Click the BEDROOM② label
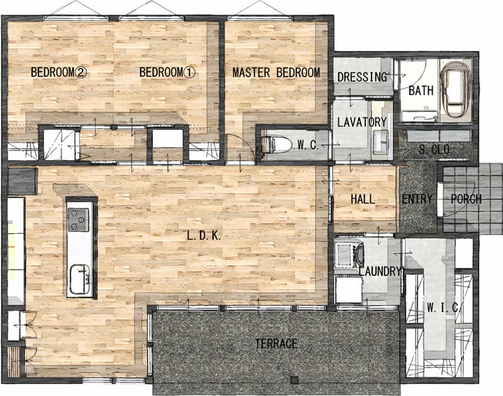pyautogui.click(x=58, y=72)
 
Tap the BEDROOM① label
pyautogui.click(x=167, y=72)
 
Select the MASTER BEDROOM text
pyautogui.click(x=276, y=72)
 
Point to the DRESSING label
pyautogui.click(x=362, y=77)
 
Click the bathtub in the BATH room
pyautogui.click(x=455, y=89)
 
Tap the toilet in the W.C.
pyautogui.click(x=275, y=145)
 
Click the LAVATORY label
pyautogui.click(x=362, y=122)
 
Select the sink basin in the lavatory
pyautogui.click(x=380, y=141)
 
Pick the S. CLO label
pyautogui.click(x=434, y=150)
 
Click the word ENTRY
pyautogui.click(x=417, y=199)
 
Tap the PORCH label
pyautogui.click(x=466, y=199)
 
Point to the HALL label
pyautogui.click(x=363, y=199)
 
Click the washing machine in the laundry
pyautogui.click(x=349, y=255)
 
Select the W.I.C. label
pyautogui.click(x=444, y=308)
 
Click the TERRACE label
pyautogui.click(x=276, y=344)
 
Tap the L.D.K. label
pyautogui.click(x=204, y=236)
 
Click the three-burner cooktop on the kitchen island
pyautogui.click(x=78, y=219)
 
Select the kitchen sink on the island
pyautogui.click(x=80, y=279)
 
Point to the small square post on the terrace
pyautogui.click(x=294, y=380)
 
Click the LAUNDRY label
pyautogui.click(x=380, y=272)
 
